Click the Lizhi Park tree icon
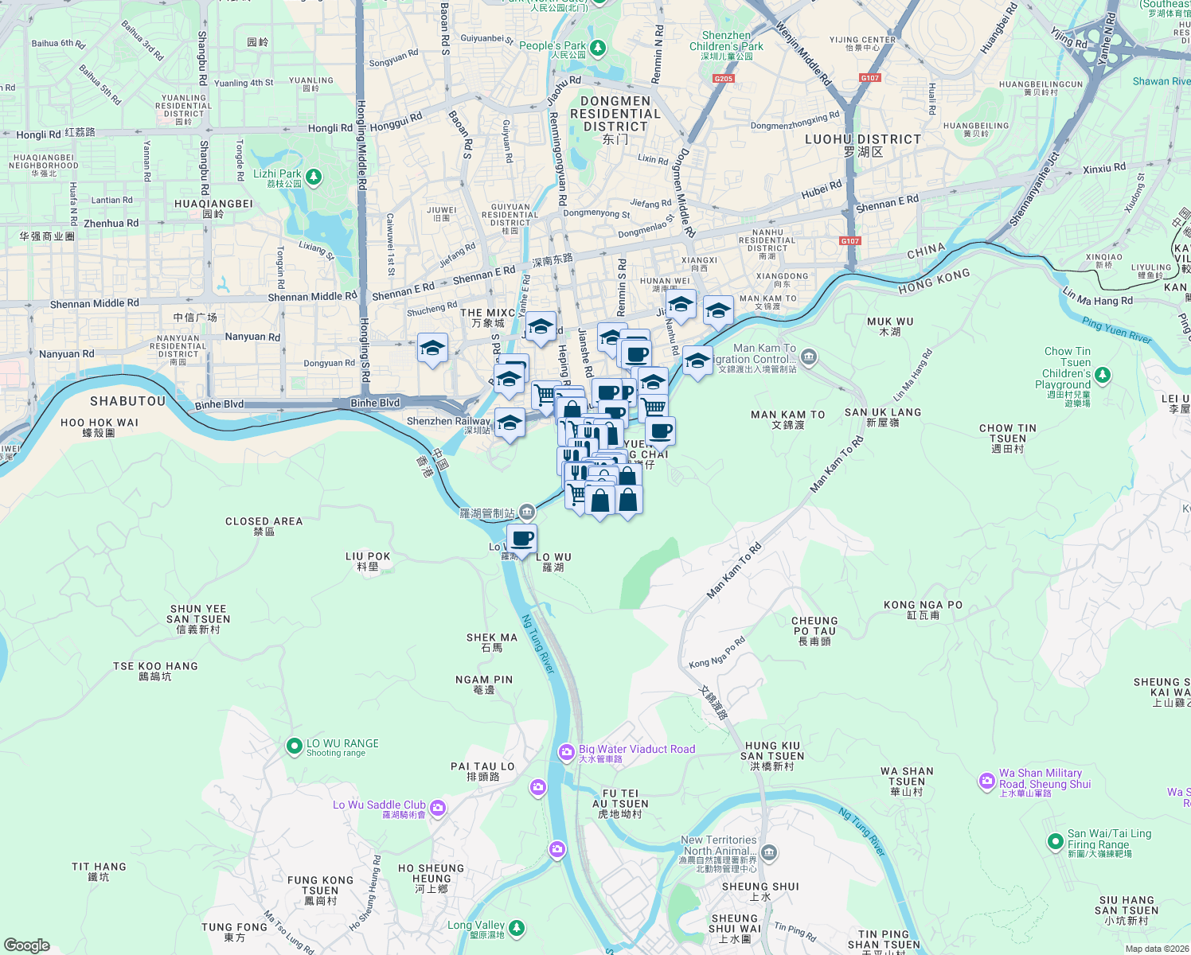point(314,176)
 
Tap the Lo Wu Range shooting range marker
point(294,746)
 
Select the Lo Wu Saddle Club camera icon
point(438,809)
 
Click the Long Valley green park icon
point(517,927)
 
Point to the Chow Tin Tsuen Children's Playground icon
point(1102,374)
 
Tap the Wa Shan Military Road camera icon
point(987,782)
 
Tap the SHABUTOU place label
point(127,401)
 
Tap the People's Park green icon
point(597,49)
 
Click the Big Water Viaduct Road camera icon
point(566,752)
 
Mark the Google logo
point(27,945)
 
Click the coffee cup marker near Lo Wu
point(522,540)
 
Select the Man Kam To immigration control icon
point(809,357)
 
